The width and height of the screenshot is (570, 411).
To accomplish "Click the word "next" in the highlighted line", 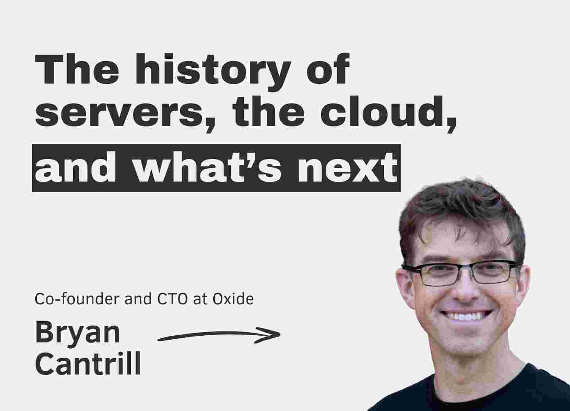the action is (x=348, y=167).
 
